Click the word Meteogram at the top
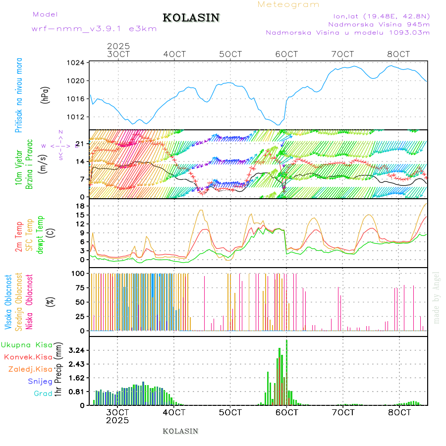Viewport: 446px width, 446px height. point(288,4)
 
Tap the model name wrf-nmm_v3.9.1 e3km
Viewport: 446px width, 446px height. point(94,29)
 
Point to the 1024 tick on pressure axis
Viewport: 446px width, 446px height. point(79,63)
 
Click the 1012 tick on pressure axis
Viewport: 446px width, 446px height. point(79,117)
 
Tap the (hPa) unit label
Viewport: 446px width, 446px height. point(46,94)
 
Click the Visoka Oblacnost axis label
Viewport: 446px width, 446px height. point(8,302)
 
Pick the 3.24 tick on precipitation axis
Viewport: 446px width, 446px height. point(77,350)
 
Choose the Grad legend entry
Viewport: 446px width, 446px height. point(43,394)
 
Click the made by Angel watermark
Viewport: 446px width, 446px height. point(436,297)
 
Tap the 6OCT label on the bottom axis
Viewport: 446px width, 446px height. point(287,412)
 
